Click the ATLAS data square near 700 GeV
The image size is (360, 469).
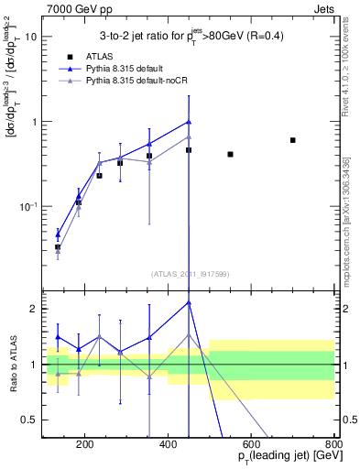pyautogui.click(x=292, y=140)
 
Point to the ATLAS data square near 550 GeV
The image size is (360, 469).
pyautogui.click(x=230, y=154)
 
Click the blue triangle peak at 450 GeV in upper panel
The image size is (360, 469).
pyautogui.click(x=189, y=121)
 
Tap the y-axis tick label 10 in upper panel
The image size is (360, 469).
pyautogui.click(x=30, y=37)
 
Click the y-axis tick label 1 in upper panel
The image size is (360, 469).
pyautogui.click(x=33, y=122)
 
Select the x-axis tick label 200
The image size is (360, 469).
pyautogui.click(x=84, y=446)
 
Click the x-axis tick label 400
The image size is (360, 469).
pyautogui.click(x=168, y=446)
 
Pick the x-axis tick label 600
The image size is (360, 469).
pyautogui.click(x=251, y=446)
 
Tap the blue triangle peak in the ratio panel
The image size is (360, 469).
pyautogui.click(x=189, y=301)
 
